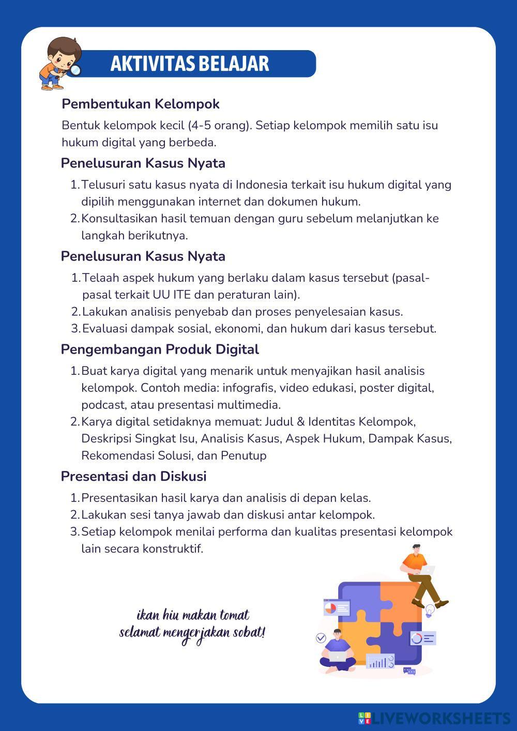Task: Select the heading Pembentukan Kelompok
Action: coord(141,104)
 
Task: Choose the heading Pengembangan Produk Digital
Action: coord(160,349)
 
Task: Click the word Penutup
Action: coord(244,455)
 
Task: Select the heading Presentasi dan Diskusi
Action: coord(133,476)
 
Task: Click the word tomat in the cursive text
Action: coord(235,616)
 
